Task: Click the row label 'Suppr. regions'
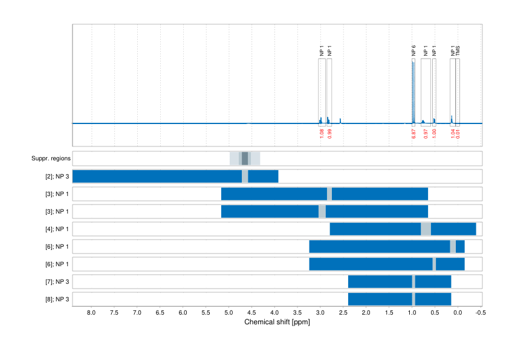coord(51,159)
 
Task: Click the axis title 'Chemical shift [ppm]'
coord(277,322)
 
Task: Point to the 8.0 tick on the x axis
coord(91,313)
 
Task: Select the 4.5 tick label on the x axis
coord(251,313)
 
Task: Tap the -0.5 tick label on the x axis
coord(480,313)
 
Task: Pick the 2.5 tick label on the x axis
coord(343,313)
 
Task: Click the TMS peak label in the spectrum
coord(458,51)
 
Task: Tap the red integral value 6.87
coord(413,134)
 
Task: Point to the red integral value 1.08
coord(321,134)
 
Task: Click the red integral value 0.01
coord(458,134)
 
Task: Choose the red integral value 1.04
coord(452,134)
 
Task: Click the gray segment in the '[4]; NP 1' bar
coord(426,229)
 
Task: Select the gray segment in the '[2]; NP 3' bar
coord(245,177)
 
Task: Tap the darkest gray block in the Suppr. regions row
coord(245,159)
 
